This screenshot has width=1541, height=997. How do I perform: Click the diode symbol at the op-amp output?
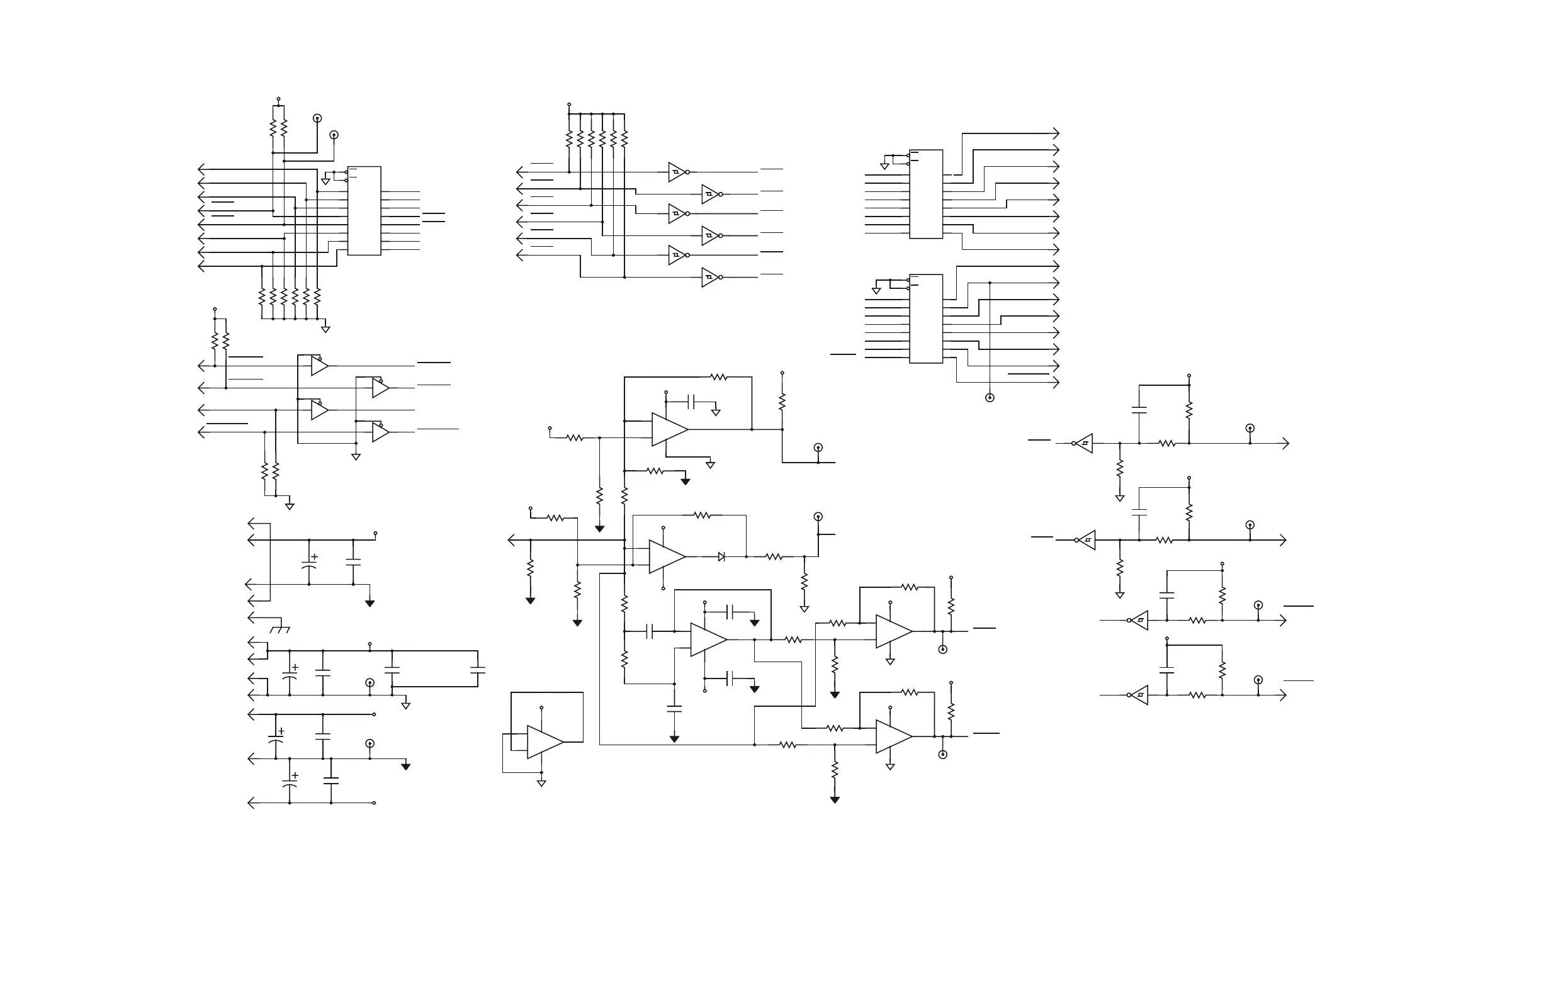[x=721, y=557]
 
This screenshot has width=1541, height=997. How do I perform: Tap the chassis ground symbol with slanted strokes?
[x=280, y=629]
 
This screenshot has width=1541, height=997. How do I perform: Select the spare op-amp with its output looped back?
[x=544, y=742]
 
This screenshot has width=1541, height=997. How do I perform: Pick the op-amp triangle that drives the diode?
[x=666, y=557]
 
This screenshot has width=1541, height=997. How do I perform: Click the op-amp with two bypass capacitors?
[x=708, y=639]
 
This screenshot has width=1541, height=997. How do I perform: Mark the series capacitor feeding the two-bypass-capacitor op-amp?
[x=650, y=631]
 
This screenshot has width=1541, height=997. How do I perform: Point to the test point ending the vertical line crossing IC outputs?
[x=990, y=398]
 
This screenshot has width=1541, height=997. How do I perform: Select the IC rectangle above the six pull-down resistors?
[x=364, y=210]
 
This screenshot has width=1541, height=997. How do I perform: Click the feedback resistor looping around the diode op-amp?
[x=702, y=515]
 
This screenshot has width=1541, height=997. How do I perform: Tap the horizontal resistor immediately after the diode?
[x=774, y=557]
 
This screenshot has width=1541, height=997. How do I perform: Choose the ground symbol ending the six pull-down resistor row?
[x=325, y=330]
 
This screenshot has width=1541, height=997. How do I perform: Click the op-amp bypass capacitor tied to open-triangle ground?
[x=692, y=402]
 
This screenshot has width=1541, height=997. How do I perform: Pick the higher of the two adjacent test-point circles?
[x=317, y=118]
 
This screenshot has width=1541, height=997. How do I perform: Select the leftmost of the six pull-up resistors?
[x=569, y=138]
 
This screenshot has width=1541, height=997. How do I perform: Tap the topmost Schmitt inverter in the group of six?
[x=677, y=172]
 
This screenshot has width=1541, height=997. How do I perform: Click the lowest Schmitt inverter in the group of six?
[x=709, y=278]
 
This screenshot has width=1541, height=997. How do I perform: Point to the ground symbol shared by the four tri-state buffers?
[x=356, y=456]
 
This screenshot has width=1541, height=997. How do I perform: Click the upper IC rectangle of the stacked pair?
[x=926, y=194]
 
